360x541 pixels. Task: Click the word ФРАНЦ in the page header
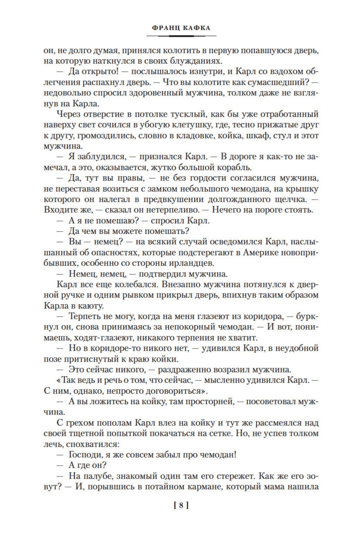click(x=162, y=28)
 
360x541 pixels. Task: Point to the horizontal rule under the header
click(x=180, y=35)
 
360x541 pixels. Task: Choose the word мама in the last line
click(x=268, y=486)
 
